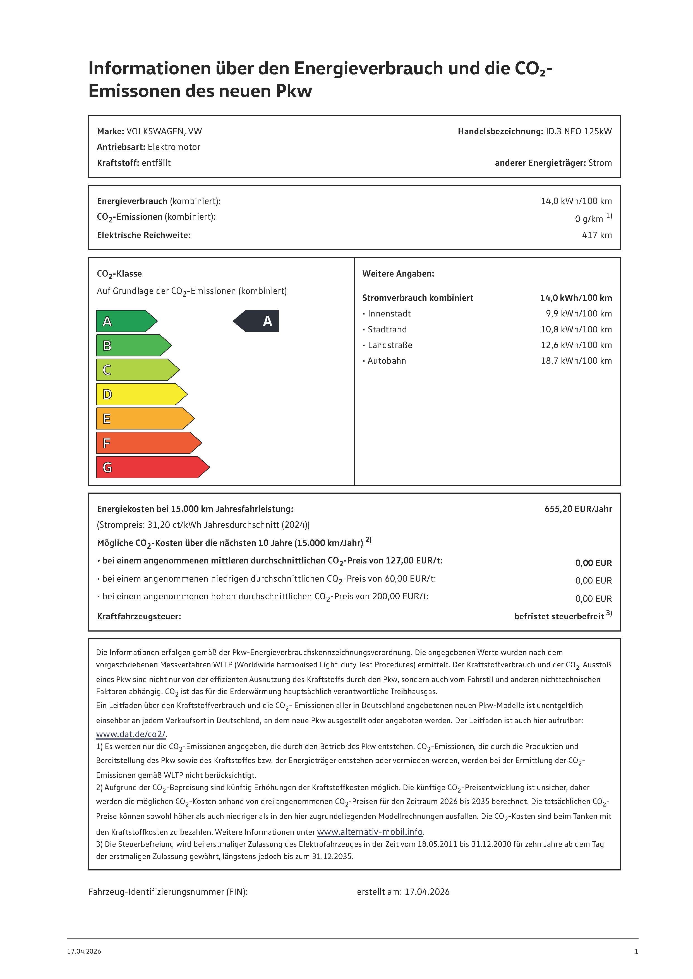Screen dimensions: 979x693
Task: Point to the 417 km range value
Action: click(596, 235)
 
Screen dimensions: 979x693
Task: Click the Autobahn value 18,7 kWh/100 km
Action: click(576, 361)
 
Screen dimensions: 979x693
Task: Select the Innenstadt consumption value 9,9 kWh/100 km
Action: click(578, 313)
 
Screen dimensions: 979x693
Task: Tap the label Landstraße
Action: click(390, 345)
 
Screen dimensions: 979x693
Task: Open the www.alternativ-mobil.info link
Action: click(370, 832)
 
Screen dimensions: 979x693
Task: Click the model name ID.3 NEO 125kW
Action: click(578, 131)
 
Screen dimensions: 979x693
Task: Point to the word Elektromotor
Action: click(174, 147)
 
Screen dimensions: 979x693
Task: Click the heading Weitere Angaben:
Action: click(398, 274)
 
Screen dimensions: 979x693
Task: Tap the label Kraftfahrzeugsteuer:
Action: click(139, 616)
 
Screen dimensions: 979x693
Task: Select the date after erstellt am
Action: click(427, 892)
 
